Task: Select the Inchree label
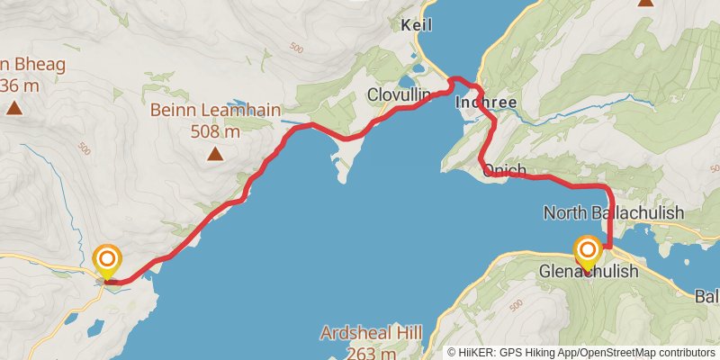tap(486, 103)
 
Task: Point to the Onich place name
tap(504, 170)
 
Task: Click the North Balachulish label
tap(614, 212)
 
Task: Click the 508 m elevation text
tap(215, 132)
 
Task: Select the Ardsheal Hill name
tap(371, 334)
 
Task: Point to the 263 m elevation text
tap(371, 352)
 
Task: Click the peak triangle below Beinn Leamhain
tap(215, 154)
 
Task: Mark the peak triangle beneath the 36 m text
tap(13, 108)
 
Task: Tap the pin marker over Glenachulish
tap(587, 251)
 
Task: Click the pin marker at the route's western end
tap(107, 261)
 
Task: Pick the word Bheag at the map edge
tap(20, 64)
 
